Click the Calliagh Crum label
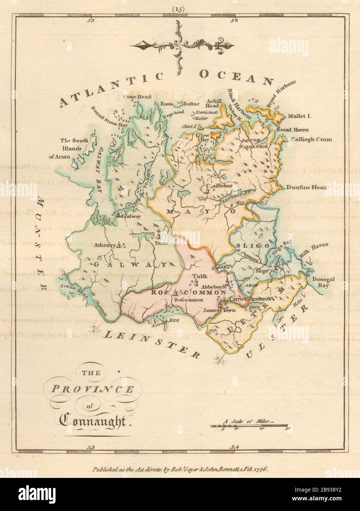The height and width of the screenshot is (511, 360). (311, 139)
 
